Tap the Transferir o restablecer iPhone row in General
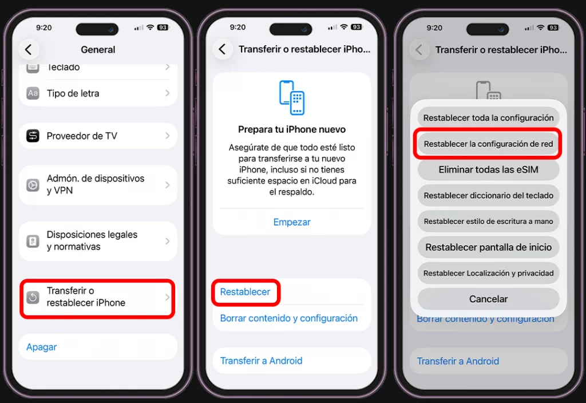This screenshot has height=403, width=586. coord(97,297)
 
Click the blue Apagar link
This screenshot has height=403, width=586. coord(42,347)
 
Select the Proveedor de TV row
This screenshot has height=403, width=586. coord(97,136)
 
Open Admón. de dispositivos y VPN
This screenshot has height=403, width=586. coord(97,185)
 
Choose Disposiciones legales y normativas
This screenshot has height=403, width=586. coord(97,241)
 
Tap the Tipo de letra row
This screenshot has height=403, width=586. coord(97,93)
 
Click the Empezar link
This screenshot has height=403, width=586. coord(292,222)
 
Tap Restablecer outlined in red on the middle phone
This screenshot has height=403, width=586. coord(245,292)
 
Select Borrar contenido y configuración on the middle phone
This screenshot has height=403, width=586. coord(289,318)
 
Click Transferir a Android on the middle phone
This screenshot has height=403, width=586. coord(262,361)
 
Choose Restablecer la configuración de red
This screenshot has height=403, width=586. coord(488,144)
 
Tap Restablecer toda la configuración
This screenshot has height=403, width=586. coord(488,118)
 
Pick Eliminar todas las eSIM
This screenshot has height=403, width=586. coord(488,169)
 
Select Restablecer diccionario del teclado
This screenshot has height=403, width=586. coord(488,195)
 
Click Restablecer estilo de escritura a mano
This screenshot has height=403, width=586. coord(488,222)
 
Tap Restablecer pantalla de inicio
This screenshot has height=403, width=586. coord(488,247)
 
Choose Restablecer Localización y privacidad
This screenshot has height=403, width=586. coord(488,273)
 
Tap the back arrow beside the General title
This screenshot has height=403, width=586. coord(29,49)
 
